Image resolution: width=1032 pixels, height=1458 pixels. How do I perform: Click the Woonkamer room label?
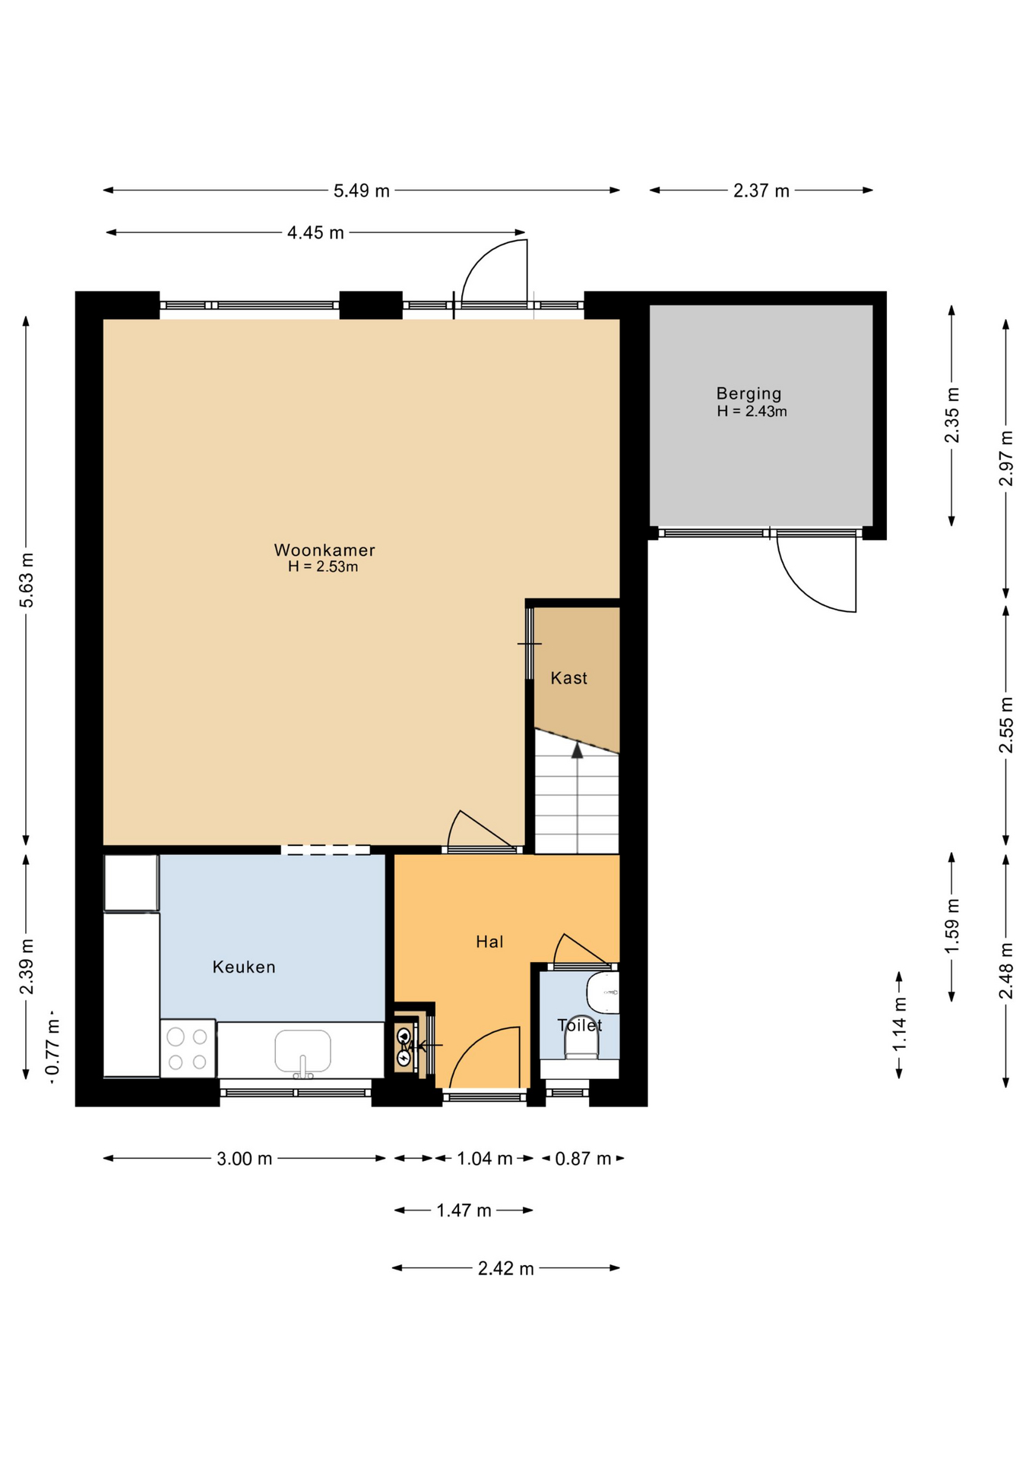[324, 550]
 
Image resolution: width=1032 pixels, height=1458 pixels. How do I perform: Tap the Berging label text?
[749, 394]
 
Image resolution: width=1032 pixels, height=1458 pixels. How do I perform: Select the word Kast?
[568, 678]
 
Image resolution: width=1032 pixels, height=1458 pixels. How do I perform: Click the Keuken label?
[243, 967]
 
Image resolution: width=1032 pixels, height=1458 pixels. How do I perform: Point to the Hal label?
[489, 942]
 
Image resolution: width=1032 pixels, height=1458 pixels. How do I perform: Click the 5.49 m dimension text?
[362, 191]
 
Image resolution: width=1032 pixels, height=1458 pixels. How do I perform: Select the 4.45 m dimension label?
[315, 232]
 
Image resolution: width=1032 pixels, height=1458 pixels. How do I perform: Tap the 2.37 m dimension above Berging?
[761, 191]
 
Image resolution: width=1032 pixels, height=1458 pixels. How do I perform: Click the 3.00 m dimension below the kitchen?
[244, 1159]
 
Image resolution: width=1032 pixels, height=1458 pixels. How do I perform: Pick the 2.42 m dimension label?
[505, 1268]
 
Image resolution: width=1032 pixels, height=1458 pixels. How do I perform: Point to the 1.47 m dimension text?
[464, 1210]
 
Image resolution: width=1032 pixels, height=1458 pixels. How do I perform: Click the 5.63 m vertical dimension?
[27, 580]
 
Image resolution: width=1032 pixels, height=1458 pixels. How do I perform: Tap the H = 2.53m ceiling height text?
[323, 567]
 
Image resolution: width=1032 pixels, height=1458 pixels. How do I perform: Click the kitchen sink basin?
[302, 1051]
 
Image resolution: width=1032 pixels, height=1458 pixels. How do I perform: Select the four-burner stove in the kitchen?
[188, 1048]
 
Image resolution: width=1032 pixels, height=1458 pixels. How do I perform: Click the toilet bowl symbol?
[581, 1037]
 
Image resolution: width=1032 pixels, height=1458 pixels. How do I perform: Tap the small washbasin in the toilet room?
[603, 992]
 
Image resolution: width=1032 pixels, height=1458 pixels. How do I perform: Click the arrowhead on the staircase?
[578, 750]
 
